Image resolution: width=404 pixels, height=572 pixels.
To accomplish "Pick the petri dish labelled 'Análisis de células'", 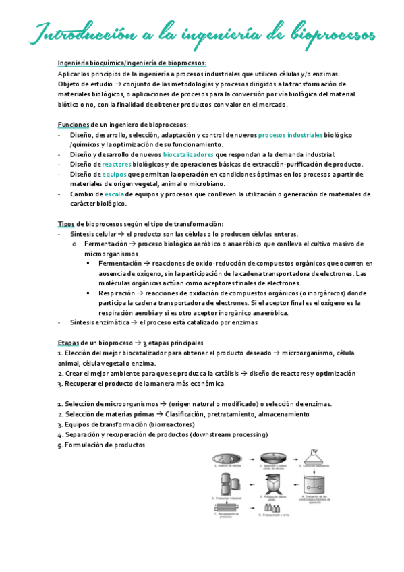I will pyautogui.click(x=225, y=458).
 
